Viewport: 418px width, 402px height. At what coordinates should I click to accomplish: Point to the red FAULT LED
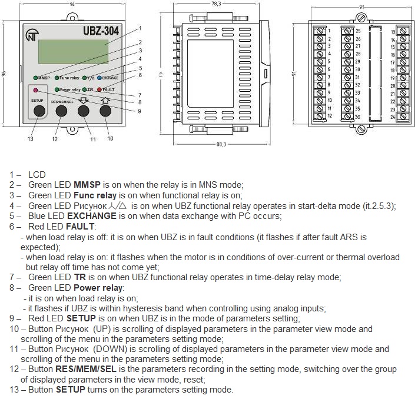point(99,89)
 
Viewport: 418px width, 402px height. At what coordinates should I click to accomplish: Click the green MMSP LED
point(36,78)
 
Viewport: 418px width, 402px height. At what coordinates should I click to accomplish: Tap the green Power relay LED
point(57,89)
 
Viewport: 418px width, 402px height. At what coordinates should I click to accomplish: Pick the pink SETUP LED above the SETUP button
point(36,90)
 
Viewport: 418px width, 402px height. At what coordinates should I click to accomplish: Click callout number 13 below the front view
point(31,139)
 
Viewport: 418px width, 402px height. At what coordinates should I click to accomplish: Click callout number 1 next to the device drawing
point(140,28)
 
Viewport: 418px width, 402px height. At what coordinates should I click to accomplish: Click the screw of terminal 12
point(320,117)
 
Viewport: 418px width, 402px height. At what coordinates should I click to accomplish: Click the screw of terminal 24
point(403,117)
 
